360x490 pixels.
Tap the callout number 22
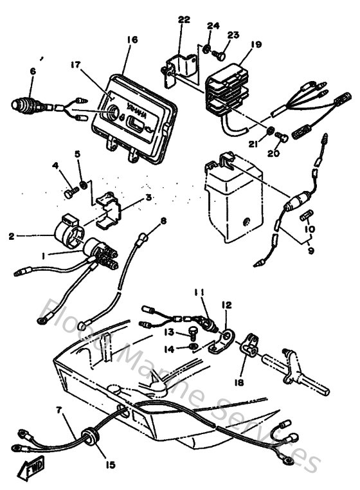184,20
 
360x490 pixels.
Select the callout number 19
256,45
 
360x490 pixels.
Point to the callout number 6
32,73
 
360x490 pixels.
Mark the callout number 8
163,221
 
